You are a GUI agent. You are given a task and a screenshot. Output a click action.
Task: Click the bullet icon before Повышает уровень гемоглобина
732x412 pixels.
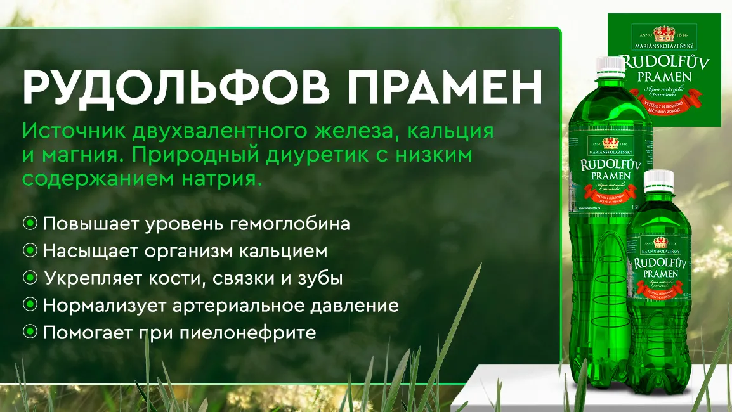coord(30,224)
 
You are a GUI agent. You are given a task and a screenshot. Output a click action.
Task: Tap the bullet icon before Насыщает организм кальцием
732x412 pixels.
coord(30,251)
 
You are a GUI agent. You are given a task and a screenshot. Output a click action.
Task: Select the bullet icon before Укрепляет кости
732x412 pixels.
coord(30,278)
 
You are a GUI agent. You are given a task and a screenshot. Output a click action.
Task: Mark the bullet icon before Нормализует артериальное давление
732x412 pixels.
coord(30,306)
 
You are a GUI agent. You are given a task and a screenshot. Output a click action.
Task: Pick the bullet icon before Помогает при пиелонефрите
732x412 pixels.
coord(30,332)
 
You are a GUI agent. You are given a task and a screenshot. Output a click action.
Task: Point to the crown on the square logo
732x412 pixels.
coord(663,34)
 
